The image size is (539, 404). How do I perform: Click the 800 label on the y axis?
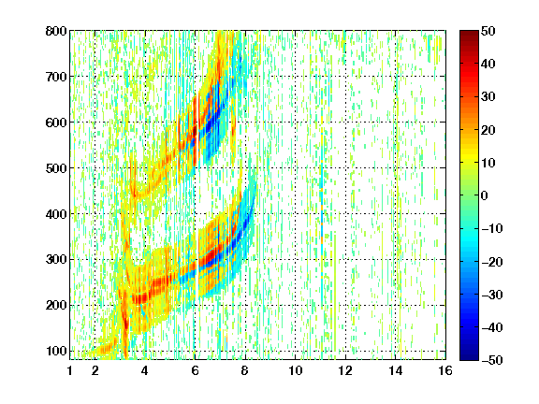click(x=56, y=31)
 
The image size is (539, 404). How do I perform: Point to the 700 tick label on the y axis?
click(x=56, y=77)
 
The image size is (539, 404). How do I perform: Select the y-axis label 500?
click(x=56, y=168)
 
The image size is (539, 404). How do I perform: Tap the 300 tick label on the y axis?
click(x=56, y=260)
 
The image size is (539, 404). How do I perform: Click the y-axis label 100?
click(x=56, y=351)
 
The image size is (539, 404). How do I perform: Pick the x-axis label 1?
click(x=70, y=370)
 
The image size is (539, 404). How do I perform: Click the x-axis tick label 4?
click(x=145, y=370)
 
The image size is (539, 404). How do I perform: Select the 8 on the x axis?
click(x=245, y=370)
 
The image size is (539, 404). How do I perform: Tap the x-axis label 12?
click(x=345, y=370)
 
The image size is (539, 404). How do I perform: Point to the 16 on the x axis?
click(x=445, y=370)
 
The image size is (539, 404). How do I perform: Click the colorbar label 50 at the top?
click(x=488, y=31)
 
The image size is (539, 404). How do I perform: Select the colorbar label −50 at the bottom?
click(x=491, y=360)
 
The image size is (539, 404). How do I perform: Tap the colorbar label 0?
click(x=485, y=195)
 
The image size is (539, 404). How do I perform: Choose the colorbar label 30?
click(x=488, y=97)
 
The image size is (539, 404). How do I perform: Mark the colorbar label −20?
click(x=491, y=262)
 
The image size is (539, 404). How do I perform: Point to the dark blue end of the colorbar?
click(x=469, y=357)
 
